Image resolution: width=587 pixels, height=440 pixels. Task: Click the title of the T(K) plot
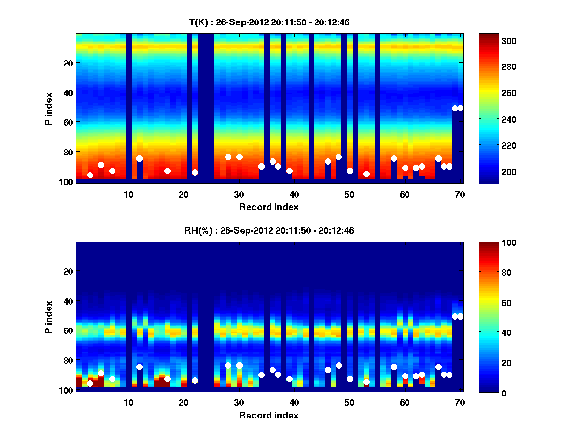coord(269,22)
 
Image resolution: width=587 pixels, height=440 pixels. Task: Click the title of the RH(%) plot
coord(269,231)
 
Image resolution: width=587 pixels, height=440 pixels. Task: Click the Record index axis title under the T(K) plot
coord(269,207)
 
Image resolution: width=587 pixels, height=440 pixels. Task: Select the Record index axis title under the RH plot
coord(269,415)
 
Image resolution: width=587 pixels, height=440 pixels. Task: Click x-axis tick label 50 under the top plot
coord(349,194)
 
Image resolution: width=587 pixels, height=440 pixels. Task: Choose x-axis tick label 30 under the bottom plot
coord(239,402)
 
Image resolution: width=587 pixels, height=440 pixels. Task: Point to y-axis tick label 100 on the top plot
coord(67,182)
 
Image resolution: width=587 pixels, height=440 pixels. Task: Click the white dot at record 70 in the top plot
coord(460,108)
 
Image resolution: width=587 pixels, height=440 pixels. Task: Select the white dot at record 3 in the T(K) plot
coord(90,175)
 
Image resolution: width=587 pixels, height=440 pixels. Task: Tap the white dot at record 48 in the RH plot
coord(339,365)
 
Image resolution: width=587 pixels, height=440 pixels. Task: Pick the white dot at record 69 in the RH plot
coord(455,316)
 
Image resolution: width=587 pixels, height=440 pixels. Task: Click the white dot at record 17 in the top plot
coord(167,171)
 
